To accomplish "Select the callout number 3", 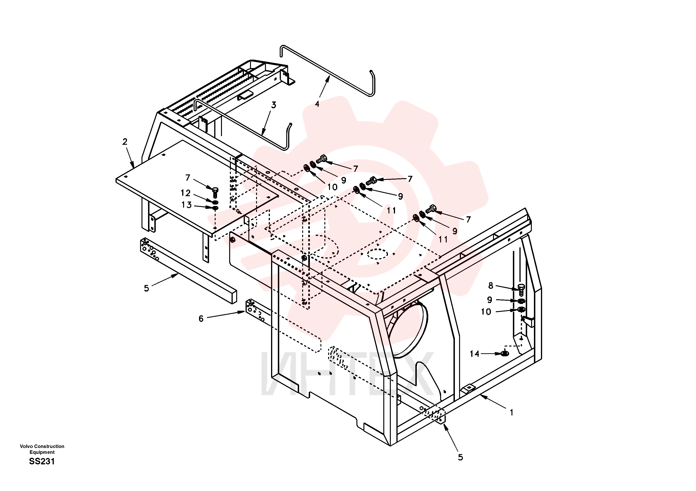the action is [x=274, y=105].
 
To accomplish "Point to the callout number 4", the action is [x=317, y=104].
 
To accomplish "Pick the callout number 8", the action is [x=491, y=285].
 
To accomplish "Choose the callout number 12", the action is [x=185, y=193].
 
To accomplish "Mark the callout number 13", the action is [x=186, y=205].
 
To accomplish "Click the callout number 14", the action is [x=475, y=354].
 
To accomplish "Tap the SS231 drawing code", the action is [x=42, y=462].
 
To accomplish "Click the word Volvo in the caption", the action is [x=26, y=446].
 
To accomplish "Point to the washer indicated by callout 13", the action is [x=215, y=208].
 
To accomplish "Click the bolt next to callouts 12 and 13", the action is [x=215, y=192].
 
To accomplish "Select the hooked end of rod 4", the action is [x=373, y=83].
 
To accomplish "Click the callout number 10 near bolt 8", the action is [x=486, y=312].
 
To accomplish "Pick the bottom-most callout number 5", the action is [x=460, y=457].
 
